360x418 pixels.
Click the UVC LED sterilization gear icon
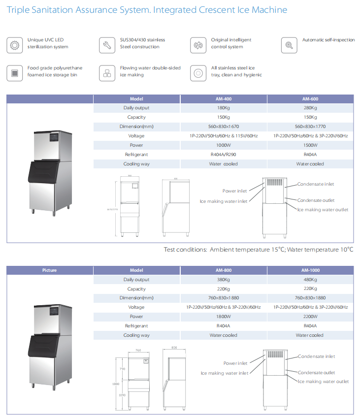15,45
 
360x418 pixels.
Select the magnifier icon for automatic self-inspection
289,45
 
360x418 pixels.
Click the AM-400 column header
224,98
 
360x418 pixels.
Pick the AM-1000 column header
310,270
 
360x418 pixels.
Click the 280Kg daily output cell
310,108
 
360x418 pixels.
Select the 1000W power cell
224,145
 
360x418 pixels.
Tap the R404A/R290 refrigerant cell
224,155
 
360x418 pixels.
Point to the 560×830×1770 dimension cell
310,127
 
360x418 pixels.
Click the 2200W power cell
310,317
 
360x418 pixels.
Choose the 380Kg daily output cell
224,280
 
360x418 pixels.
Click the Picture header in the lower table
49,270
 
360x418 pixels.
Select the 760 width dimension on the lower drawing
138,351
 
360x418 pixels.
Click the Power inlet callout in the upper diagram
235,191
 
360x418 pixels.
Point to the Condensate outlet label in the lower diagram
316,373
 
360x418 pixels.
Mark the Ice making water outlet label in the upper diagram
323,210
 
